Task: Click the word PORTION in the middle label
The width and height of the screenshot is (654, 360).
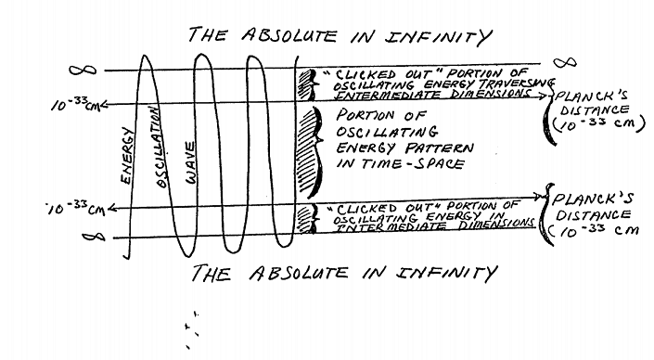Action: point(367,115)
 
